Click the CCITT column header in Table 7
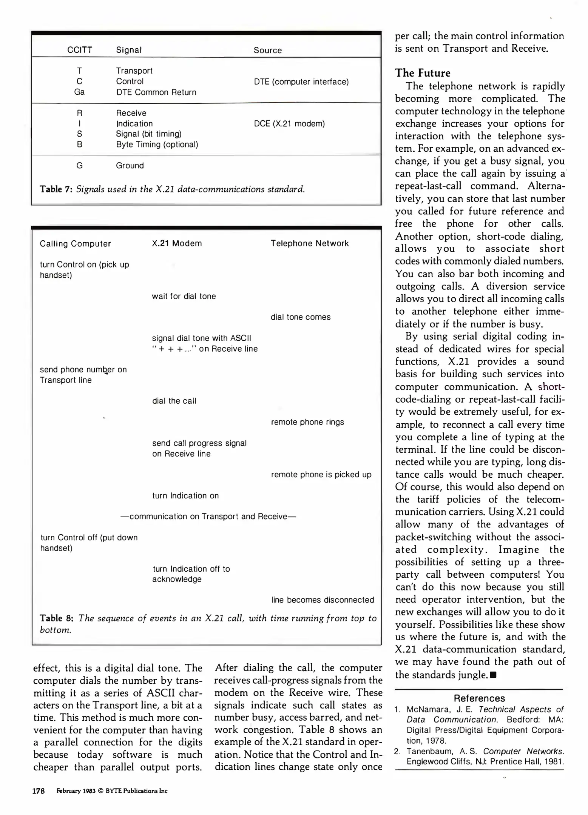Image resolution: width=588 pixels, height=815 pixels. point(80,50)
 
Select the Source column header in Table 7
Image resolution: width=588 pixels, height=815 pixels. point(267,50)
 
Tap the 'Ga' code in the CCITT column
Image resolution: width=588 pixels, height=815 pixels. point(79,92)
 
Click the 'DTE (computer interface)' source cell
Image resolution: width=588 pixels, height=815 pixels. point(301,81)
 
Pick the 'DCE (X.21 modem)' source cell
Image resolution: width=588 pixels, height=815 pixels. point(289,124)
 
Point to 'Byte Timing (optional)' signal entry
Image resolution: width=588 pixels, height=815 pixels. point(157,145)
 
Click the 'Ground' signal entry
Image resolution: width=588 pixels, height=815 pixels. point(130,166)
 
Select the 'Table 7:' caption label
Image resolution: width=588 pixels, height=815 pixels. point(56,189)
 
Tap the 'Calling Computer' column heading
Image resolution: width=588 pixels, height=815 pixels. point(75,244)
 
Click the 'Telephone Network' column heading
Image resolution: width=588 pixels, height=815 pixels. point(309,243)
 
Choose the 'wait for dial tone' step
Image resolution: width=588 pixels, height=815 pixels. point(184,296)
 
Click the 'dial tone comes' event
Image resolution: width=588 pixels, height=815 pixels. point(300,317)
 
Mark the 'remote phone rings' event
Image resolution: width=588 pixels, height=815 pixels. point(307,422)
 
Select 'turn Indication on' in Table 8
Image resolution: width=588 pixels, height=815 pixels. point(185,495)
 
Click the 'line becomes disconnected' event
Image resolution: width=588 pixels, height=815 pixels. point(323,600)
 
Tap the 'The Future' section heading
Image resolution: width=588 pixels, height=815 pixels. point(423,73)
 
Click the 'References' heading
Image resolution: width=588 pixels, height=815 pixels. point(479,698)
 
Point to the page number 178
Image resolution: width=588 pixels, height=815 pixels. point(39,791)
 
